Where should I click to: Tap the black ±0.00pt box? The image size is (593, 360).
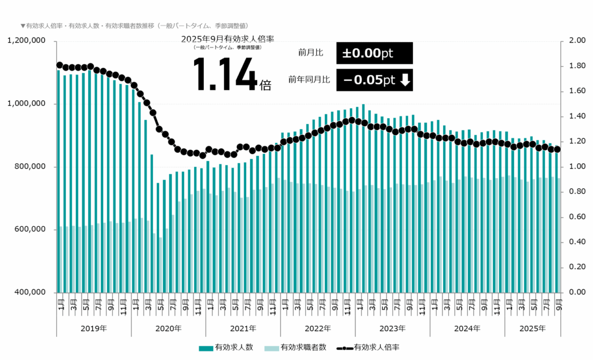(374, 53)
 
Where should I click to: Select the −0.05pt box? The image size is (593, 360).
(374, 80)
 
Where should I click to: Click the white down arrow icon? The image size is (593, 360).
(405, 80)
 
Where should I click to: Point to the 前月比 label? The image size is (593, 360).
(310, 53)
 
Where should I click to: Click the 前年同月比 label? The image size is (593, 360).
(309, 80)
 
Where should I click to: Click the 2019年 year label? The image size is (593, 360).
(94, 328)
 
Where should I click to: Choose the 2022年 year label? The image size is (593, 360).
(317, 328)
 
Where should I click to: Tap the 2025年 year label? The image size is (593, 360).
(532, 328)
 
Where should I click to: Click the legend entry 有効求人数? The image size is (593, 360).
(226, 347)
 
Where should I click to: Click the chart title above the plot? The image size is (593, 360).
(134, 26)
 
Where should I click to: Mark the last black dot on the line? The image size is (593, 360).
(558, 149)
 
